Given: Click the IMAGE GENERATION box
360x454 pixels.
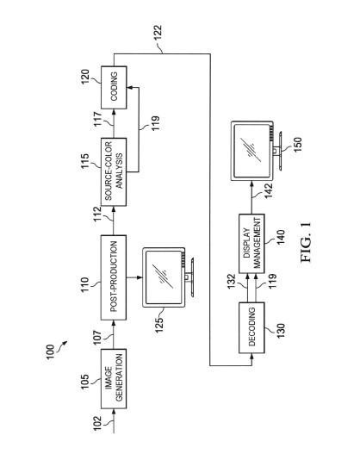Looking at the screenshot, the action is coord(114,379).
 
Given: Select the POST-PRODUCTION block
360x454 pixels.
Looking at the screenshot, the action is coord(114,277).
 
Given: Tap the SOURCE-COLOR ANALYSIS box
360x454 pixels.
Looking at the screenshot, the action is coord(114,171).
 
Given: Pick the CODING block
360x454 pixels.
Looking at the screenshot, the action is coord(114,88).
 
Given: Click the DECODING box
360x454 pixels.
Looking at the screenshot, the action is coord(251,327).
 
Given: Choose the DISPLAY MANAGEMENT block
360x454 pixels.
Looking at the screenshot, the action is coord(251,244).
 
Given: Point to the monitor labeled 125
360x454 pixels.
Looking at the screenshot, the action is coord(168,277).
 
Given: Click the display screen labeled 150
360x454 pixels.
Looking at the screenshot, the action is coord(257,151).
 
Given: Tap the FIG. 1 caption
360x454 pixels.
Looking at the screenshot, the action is coord(306,242).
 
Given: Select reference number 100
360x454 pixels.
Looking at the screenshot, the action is coord(50,352).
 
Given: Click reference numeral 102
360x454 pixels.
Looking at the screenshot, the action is coord(97,424).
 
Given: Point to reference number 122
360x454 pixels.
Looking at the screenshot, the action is coord(158,34).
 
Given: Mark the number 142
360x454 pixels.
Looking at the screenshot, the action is coord(268,190).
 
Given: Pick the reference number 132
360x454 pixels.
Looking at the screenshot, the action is coord(232,282).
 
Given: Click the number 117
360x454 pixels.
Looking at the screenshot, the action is coord(97,119).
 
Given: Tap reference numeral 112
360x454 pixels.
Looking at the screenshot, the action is coord(97,215).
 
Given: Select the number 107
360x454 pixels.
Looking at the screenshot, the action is coord(97,338).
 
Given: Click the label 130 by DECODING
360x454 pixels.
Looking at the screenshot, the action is coord(281,330).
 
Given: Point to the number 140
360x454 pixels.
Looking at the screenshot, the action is coord(281,237).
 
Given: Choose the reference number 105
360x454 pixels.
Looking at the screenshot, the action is coord(85,382).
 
